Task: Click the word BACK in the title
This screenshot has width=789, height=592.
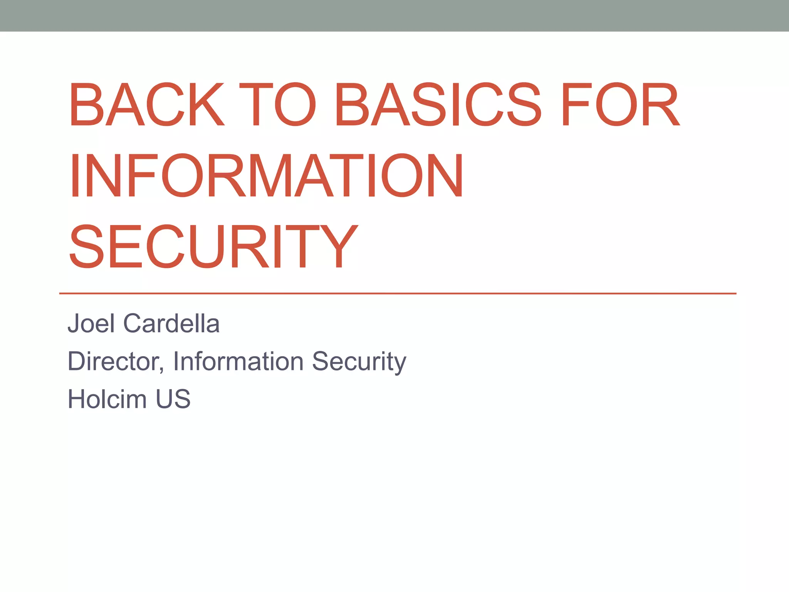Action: (x=147, y=104)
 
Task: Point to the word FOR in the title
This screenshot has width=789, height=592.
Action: (x=620, y=104)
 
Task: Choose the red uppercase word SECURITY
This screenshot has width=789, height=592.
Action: (x=214, y=247)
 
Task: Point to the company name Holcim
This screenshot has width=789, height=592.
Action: (x=107, y=399)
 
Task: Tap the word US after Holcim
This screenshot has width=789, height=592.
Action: (x=173, y=399)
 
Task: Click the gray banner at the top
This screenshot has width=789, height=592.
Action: (x=394, y=15)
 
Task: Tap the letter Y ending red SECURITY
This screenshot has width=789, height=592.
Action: (x=339, y=247)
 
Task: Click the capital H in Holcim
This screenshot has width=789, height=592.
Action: (x=77, y=399)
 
